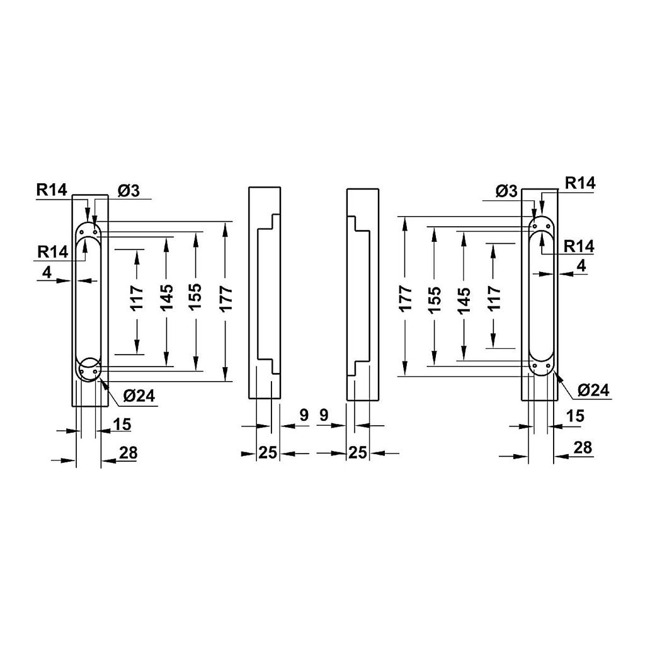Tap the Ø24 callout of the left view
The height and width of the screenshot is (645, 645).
click(x=139, y=396)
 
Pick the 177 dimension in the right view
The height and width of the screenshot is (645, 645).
click(x=405, y=298)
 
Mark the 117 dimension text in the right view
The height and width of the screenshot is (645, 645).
click(x=494, y=298)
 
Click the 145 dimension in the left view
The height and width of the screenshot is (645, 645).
click(x=167, y=298)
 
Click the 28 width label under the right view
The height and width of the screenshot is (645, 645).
click(x=583, y=447)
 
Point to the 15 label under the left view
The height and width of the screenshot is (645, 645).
click(x=123, y=425)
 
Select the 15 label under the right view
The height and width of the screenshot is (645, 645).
click(x=575, y=416)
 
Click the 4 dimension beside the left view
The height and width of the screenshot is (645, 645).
click(x=47, y=273)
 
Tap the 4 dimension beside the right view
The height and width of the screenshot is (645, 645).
click(x=581, y=266)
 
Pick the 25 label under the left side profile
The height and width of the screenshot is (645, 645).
click(x=268, y=453)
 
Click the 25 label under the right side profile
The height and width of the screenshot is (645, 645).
click(x=358, y=453)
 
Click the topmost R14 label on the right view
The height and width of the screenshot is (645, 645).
click(x=579, y=183)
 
